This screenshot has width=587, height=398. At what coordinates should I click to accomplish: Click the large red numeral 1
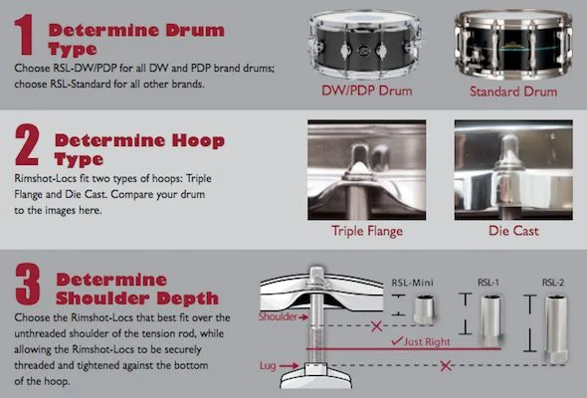24,35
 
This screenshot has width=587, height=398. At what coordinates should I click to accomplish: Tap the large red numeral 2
27,145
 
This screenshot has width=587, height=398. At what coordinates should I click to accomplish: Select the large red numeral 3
27,284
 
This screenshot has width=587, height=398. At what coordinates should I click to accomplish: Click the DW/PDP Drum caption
367,91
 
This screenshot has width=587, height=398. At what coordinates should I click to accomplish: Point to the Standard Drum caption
513,92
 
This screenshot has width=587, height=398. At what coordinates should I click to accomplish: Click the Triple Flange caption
367,231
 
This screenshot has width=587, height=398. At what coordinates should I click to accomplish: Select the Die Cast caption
513,231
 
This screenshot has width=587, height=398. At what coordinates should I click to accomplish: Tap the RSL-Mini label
412,283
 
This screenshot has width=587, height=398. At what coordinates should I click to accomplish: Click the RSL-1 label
489,282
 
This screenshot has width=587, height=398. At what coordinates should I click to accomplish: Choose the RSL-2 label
553,282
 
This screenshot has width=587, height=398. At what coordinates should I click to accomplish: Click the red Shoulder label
278,316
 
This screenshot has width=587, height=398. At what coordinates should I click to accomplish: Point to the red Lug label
268,365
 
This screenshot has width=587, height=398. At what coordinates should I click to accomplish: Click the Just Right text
427,342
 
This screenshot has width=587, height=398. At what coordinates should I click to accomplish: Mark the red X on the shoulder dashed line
376,326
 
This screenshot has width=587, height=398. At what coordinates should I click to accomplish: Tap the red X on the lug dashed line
445,365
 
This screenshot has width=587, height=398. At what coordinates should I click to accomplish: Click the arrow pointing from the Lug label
289,365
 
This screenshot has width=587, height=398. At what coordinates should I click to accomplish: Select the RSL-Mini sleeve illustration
425,308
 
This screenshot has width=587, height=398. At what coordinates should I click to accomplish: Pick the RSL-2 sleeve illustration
556,329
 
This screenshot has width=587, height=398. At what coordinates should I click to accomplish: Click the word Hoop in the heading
198,140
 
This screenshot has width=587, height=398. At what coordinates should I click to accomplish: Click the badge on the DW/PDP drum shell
363,51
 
